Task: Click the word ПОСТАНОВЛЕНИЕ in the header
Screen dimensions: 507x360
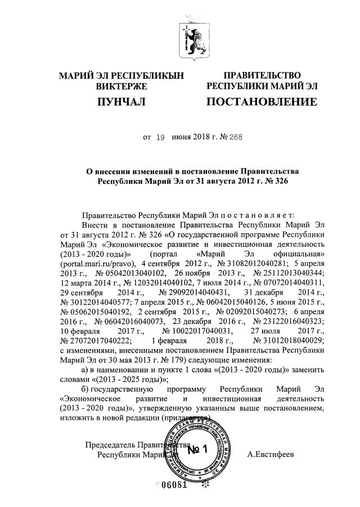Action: (x=262, y=102)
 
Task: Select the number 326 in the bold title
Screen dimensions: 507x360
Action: (x=273, y=182)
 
